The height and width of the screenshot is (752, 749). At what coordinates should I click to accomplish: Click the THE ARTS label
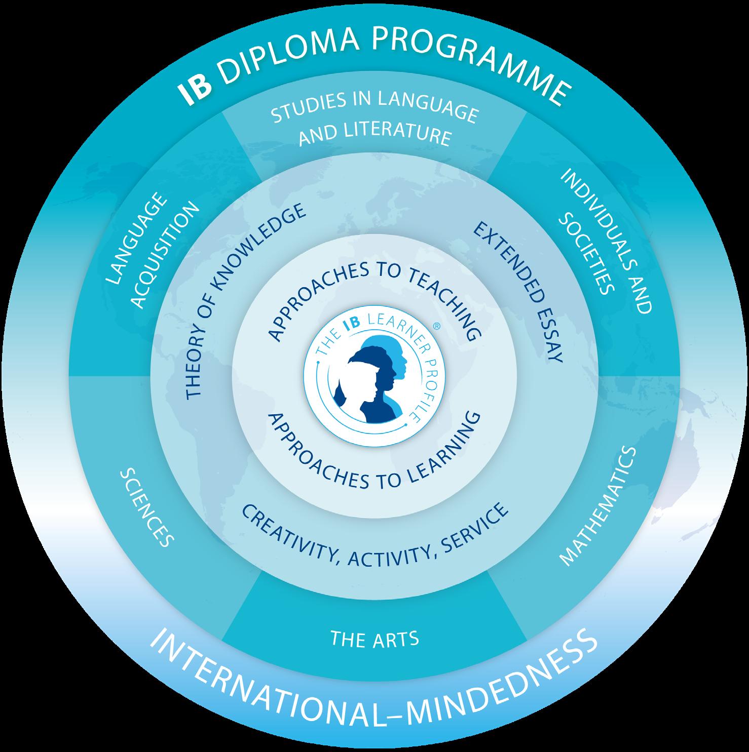tap(374, 639)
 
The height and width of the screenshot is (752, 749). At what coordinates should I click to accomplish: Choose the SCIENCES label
tap(146, 507)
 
